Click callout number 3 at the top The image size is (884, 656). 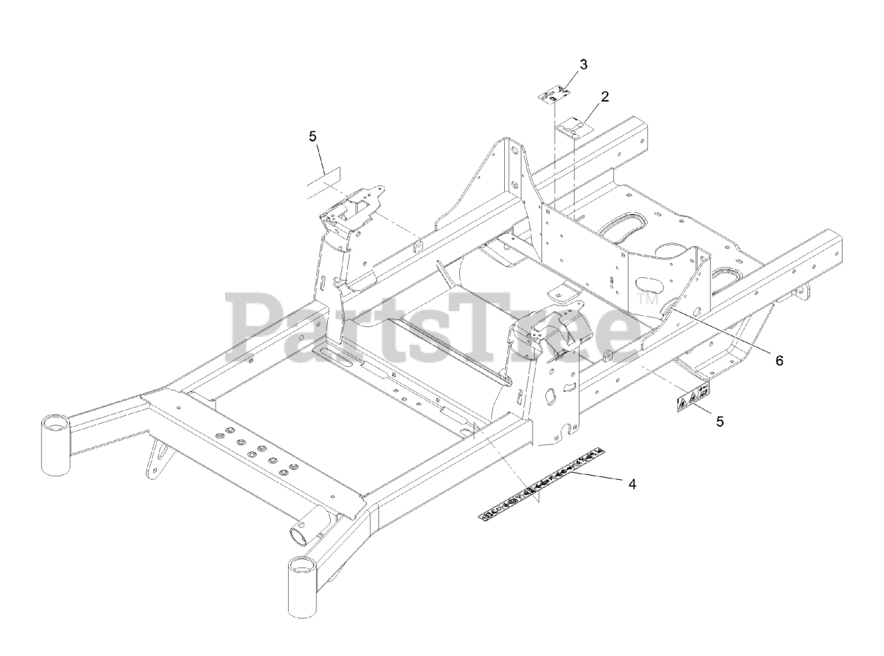coord(584,65)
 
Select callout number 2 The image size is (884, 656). coord(605,97)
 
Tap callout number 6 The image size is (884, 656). coord(779,360)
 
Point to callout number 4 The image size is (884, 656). coord(632,484)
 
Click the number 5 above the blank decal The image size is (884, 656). coord(313,136)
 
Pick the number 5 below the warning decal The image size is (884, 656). coord(720,422)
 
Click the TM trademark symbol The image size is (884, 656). coord(646,299)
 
